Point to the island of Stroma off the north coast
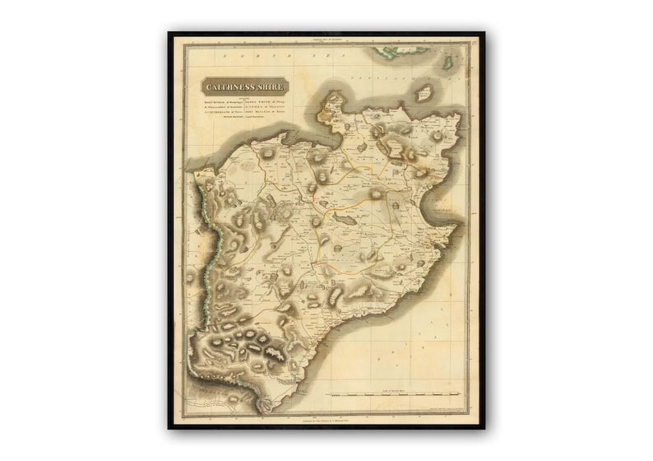(424, 92)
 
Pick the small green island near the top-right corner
(450, 62)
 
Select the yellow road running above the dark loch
(354, 206)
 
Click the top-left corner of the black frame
(170, 35)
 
